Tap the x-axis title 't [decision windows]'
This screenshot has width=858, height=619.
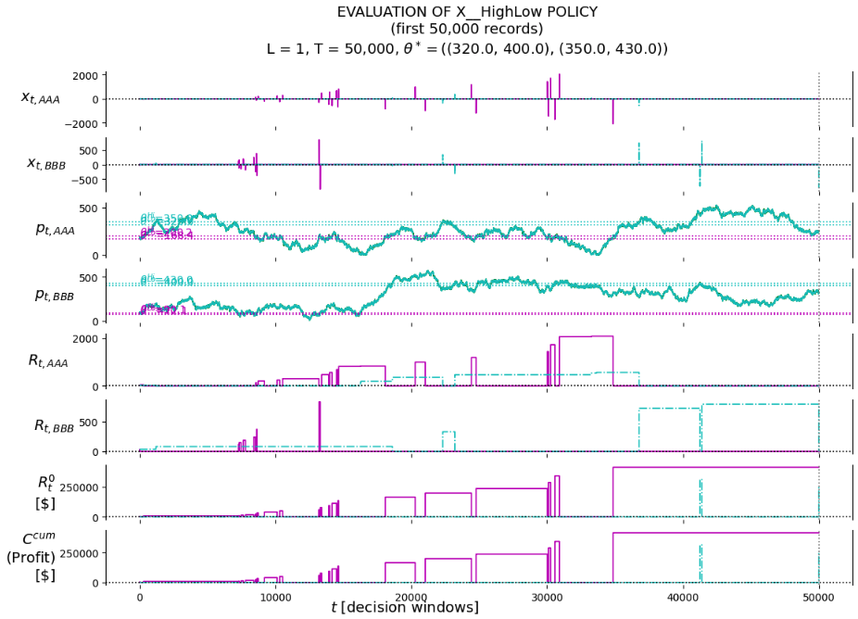pos(405,607)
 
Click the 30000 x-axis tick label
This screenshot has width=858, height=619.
pos(547,598)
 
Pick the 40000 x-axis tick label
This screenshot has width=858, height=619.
pos(683,598)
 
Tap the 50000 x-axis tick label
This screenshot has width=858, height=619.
pos(818,598)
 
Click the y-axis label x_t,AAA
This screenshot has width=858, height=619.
pos(41,97)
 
